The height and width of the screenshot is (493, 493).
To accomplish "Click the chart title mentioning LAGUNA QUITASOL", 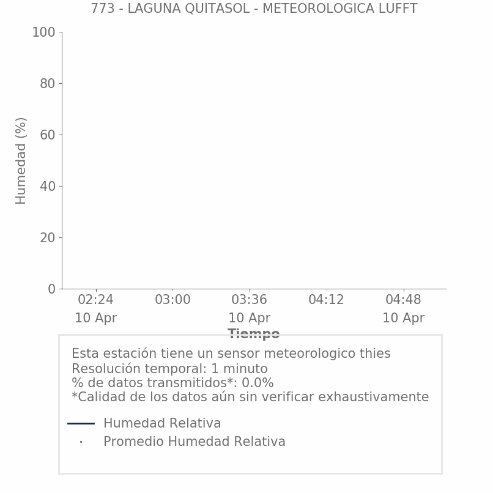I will click(x=254, y=9).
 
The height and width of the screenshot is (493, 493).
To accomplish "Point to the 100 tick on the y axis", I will click(x=43, y=32).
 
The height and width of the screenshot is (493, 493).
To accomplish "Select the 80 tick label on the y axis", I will click(x=47, y=84).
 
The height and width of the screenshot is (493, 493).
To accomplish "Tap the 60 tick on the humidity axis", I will click(x=47, y=135).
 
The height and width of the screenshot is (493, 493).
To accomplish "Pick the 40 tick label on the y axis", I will click(x=47, y=187).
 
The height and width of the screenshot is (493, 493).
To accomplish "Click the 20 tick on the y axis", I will click(x=47, y=238).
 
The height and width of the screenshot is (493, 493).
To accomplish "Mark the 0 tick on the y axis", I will click(x=51, y=289).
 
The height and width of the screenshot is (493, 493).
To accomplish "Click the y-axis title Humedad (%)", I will click(x=21, y=160).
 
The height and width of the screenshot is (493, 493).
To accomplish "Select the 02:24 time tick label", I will click(x=96, y=300).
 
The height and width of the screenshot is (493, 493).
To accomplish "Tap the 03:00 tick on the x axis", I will click(x=172, y=300).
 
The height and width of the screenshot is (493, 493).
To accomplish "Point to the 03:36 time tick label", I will click(x=250, y=300).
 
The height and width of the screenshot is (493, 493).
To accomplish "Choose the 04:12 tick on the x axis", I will click(x=326, y=300).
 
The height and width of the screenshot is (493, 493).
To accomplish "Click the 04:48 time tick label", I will click(x=403, y=300).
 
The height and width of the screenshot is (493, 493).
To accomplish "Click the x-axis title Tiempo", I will click(x=254, y=334).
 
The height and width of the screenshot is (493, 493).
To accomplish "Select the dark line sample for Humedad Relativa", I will click(x=81, y=423).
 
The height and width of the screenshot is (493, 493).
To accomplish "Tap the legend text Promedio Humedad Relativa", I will click(x=194, y=442).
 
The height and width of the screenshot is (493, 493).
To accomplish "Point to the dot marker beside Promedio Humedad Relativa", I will click(x=81, y=442).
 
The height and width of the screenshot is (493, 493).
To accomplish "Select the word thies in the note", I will click(x=374, y=354).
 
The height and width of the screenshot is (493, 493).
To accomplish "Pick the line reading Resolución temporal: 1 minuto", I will click(x=169, y=369).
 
